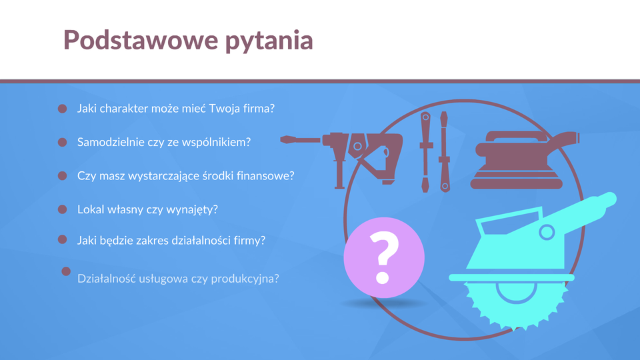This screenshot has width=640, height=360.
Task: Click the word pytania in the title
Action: coord(269,41)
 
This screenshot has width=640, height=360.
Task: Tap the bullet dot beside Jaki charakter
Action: coord(63,109)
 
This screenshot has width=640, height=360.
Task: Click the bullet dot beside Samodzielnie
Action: coord(63,142)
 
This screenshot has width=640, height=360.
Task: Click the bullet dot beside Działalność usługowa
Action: coord(66,271)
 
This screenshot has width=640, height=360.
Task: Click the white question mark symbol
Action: coord(384,257)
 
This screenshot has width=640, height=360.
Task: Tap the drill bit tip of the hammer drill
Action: coord(283,139)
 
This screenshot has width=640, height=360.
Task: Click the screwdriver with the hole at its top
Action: coord(426,152)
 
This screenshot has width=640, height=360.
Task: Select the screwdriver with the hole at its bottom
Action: coord(445,152)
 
